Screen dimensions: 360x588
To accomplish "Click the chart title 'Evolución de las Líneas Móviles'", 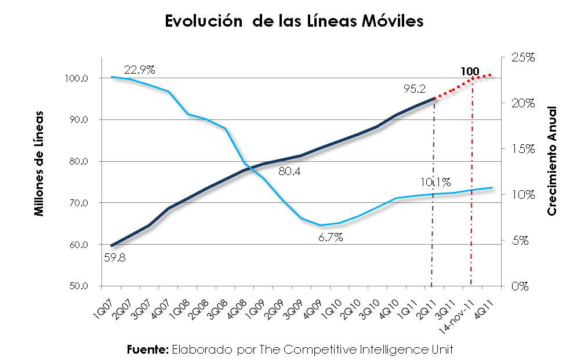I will click(294, 21).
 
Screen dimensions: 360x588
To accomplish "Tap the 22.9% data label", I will click(139, 70).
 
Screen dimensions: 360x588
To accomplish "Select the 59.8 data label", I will click(115, 258).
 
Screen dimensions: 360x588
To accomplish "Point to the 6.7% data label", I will click(331, 237).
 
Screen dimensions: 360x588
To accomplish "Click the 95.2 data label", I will click(415, 89).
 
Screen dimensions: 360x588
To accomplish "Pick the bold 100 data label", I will click(470, 72).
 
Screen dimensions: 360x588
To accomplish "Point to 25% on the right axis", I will click(524, 57).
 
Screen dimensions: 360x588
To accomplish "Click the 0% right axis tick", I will click(521, 286).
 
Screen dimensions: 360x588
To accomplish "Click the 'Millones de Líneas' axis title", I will click(39, 162).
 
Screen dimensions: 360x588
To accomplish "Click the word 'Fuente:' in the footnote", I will click(147, 349).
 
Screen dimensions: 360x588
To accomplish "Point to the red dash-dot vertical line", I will click(471, 232).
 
